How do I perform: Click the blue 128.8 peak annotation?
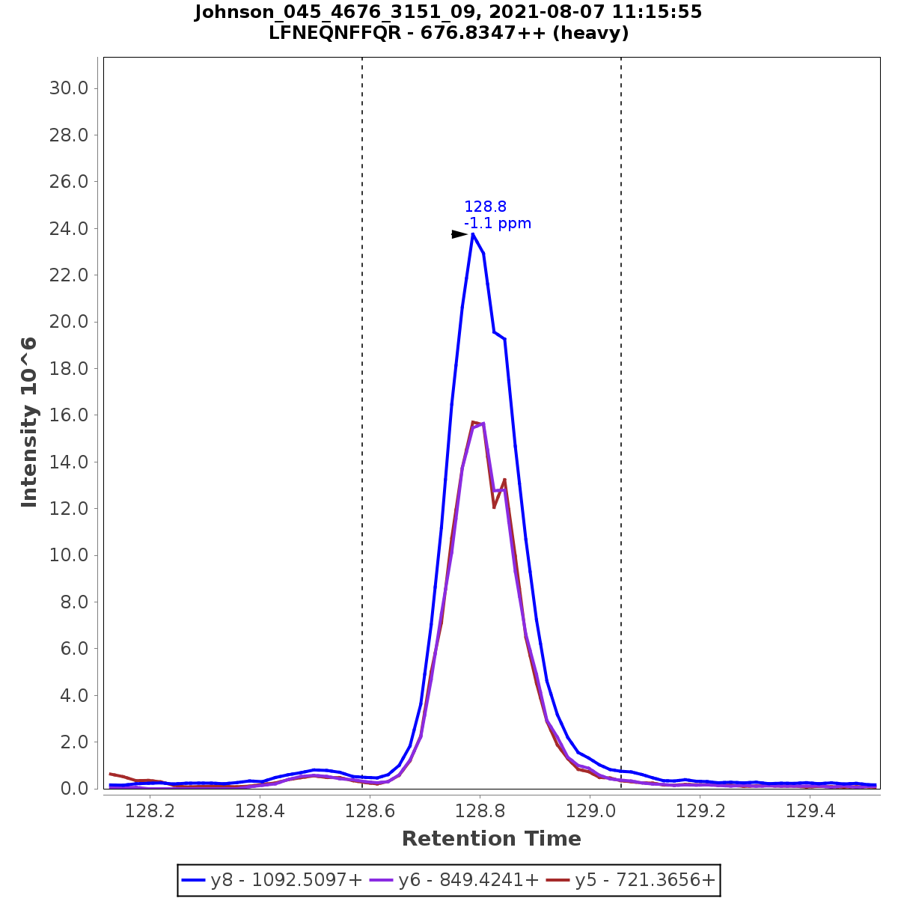pyautogui.click(x=485, y=207)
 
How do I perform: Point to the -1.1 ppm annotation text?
pyautogui.click(x=498, y=223)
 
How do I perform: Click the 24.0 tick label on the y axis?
pyautogui.click(x=69, y=228)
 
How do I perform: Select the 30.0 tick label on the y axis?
pyautogui.click(x=69, y=88)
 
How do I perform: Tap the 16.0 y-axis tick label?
pyautogui.click(x=69, y=415)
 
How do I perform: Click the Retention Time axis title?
pyautogui.click(x=491, y=839)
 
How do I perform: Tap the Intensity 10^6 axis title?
pyautogui.click(x=29, y=422)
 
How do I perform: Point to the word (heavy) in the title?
pyautogui.click(x=590, y=34)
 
